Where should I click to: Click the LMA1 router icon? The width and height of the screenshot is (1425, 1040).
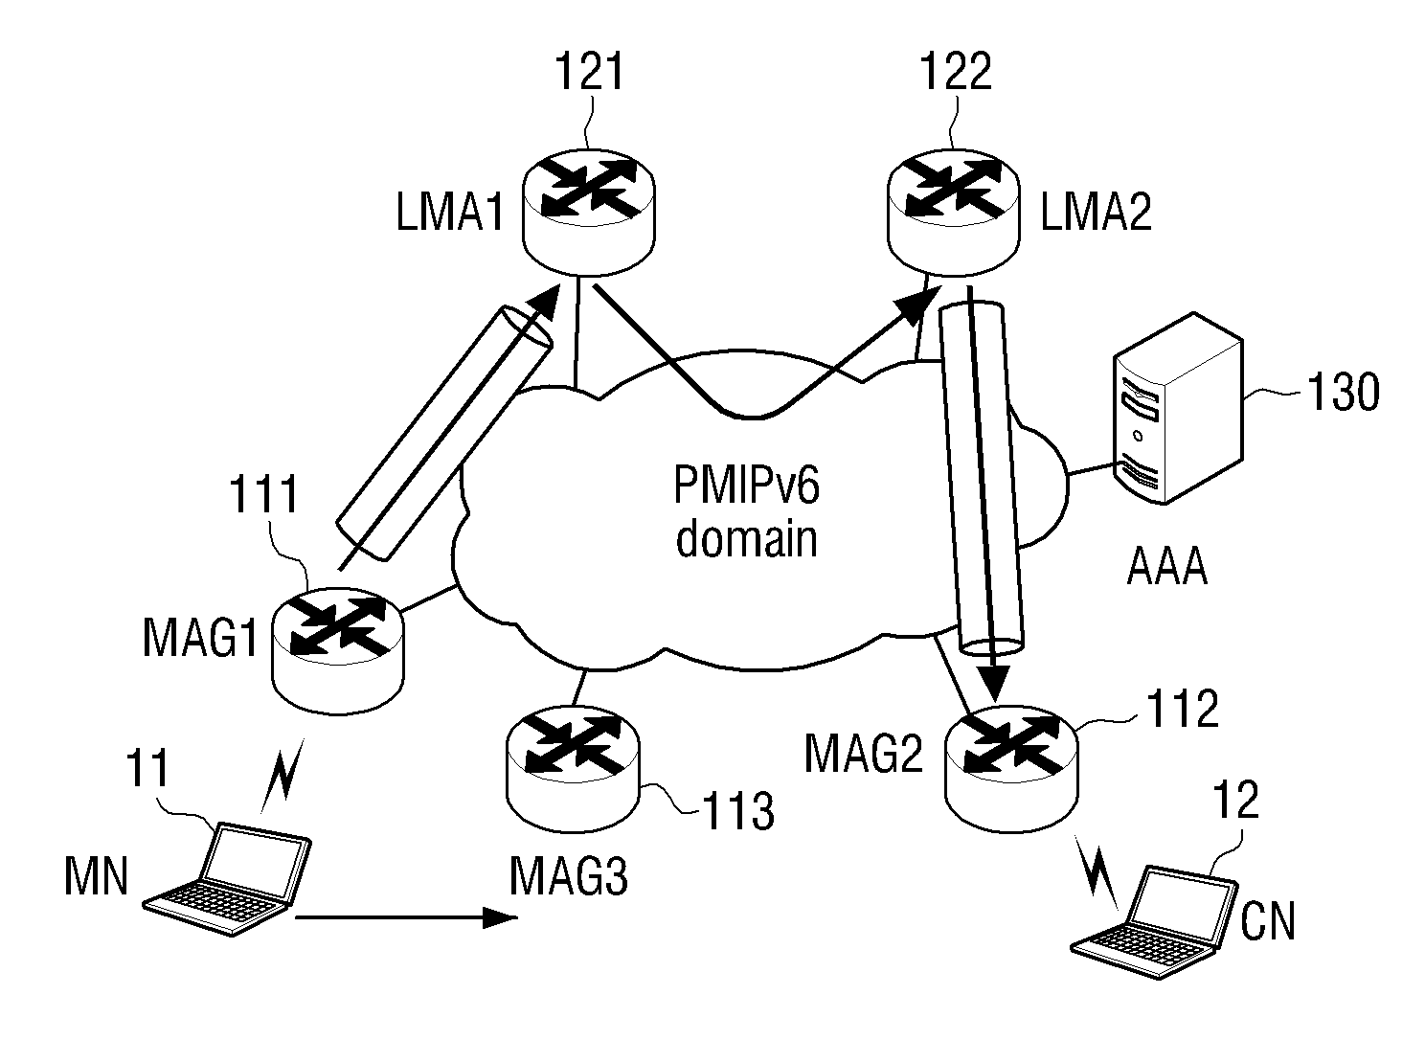click(x=588, y=212)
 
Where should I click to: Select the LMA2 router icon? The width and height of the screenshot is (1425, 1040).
click(x=953, y=212)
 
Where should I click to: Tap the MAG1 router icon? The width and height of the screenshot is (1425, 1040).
click(x=338, y=650)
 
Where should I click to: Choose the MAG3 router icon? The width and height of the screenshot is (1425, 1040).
click(x=574, y=768)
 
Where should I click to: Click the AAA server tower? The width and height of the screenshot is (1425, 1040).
click(x=1178, y=408)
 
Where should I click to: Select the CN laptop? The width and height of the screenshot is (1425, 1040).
click(x=1154, y=921)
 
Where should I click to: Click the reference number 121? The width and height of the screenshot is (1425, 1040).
click(x=589, y=71)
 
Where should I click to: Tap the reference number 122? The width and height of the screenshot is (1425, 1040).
click(x=956, y=71)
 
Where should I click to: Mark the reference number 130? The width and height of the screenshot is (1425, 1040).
click(x=1344, y=392)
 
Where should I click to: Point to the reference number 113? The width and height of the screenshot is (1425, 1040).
click(x=738, y=811)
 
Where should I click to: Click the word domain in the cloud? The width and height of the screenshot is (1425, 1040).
click(x=746, y=538)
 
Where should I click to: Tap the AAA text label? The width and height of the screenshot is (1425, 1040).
click(x=1166, y=567)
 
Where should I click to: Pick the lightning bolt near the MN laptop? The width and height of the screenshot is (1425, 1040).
click(x=283, y=775)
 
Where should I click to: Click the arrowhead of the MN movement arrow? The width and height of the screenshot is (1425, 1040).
click(x=500, y=917)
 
